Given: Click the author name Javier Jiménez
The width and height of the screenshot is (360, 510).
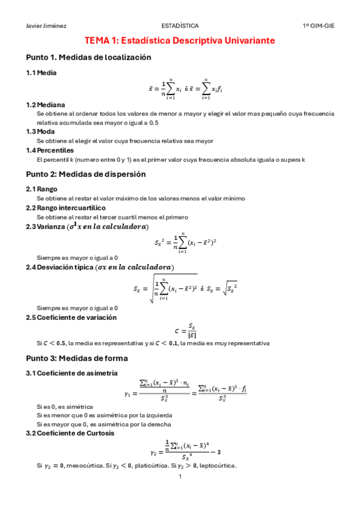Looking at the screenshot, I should click(x=47, y=26).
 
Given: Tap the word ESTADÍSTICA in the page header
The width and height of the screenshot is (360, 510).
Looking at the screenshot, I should click(x=180, y=26).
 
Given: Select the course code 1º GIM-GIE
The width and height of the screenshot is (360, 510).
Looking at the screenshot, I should click(x=319, y=26).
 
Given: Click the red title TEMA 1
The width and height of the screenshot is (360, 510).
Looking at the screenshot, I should click(x=180, y=40).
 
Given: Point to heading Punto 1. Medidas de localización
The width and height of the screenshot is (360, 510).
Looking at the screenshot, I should click(x=88, y=58).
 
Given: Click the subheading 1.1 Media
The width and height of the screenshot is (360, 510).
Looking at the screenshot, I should click(x=41, y=73).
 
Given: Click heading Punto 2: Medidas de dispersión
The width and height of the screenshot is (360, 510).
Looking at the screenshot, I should click(x=86, y=174).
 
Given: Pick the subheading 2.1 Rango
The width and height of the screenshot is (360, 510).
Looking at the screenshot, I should click(x=41, y=189).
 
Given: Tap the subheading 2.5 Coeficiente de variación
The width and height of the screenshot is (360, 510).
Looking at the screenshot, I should click(x=71, y=317).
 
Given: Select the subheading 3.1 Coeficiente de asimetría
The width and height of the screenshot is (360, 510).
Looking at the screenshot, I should click(x=72, y=373).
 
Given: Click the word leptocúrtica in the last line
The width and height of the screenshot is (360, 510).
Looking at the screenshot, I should click(x=217, y=465).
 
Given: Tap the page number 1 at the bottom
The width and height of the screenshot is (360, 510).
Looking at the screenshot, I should click(x=180, y=477).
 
